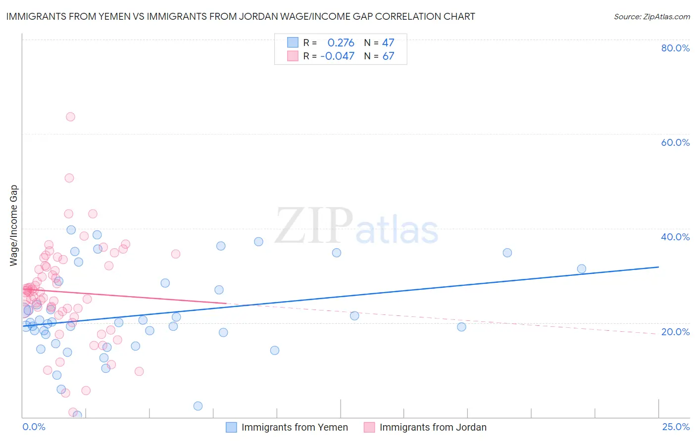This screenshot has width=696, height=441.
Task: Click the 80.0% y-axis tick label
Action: pos(675,48)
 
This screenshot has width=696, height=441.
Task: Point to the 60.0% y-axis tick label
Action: pos(675,142)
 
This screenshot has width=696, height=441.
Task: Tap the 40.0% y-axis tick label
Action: pos(675,237)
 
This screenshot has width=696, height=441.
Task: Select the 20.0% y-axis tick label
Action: pos(675,332)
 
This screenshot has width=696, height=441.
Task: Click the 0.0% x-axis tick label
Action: pos(34,427)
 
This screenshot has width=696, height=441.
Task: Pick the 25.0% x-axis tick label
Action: pos(676,427)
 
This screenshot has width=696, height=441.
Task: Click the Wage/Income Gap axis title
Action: pos(14,225)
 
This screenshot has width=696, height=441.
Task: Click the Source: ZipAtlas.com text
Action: pos(651,17)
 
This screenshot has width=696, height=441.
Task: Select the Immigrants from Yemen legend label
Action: pos(295,428)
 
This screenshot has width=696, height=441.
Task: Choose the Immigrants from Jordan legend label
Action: pos(433,428)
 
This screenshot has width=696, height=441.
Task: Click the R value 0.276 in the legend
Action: pos(341,43)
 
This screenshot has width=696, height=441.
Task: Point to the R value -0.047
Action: pos(337,56)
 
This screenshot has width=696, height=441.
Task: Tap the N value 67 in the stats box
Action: pos(388,56)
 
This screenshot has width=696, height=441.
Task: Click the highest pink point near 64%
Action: pos(70,117)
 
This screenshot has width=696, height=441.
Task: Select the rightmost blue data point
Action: pos(582,269)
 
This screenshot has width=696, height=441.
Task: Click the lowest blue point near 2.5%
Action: pos(198,406)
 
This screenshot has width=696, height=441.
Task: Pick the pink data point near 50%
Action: pos(69,178)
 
